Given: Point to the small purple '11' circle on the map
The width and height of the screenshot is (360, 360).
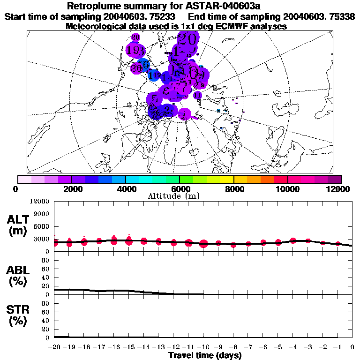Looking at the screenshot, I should pyautogui.click(x=197, y=95).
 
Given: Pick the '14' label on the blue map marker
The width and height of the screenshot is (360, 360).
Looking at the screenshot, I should pyautogui.click(x=165, y=77).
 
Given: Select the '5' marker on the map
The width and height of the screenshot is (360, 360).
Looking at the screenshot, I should pyautogui.click(x=154, y=99).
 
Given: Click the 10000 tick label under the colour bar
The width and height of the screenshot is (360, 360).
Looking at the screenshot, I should pyautogui.click(x=287, y=188).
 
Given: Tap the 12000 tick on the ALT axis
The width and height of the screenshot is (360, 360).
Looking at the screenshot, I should pyautogui.click(x=40, y=202).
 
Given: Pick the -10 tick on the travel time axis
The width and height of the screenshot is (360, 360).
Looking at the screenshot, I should pyautogui.click(x=203, y=347).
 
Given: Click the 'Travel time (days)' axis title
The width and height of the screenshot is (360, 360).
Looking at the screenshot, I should pyautogui.click(x=205, y=356).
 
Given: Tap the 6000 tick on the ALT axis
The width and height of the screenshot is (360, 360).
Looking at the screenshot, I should pyautogui.click(x=42, y=226).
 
